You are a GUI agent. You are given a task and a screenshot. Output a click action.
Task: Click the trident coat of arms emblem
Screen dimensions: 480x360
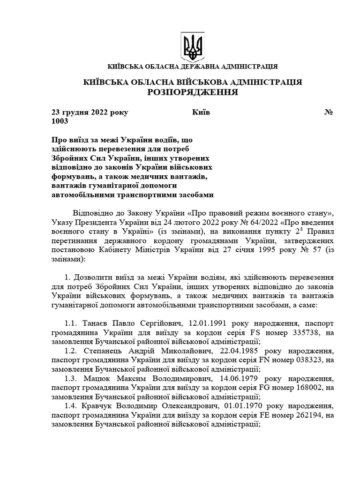click(x=192, y=45)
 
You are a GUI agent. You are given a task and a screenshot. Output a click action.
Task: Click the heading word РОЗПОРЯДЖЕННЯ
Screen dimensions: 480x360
click(x=193, y=92)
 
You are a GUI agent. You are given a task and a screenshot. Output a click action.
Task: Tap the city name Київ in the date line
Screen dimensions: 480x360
click(x=201, y=112)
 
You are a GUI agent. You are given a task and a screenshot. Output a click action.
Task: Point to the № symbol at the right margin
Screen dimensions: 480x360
click(x=329, y=112)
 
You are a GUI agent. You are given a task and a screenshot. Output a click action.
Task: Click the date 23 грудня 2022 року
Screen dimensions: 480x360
click(x=90, y=112)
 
